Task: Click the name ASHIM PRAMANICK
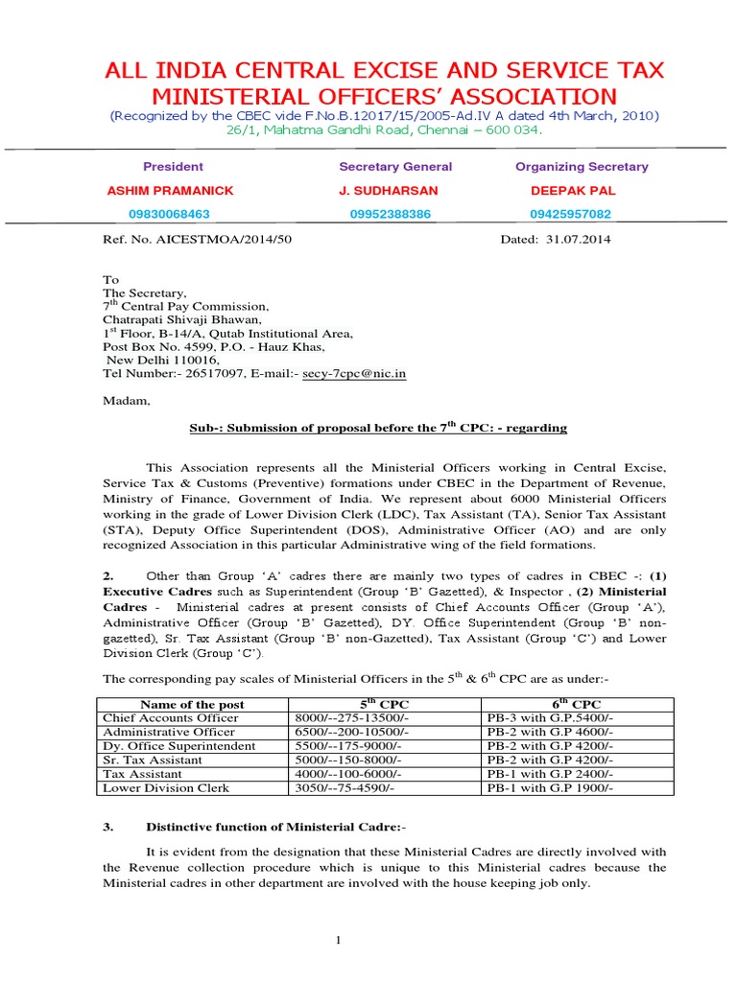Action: pos(170,190)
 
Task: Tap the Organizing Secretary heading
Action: pos(582,166)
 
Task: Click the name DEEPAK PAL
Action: pos(571,190)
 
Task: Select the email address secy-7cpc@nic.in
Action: pos(355,373)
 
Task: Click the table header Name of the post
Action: pos(192,704)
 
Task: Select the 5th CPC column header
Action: pos(384,704)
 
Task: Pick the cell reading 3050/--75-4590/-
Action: pos(345,787)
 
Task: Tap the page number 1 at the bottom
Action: pos(339,940)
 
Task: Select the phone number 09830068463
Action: pos(169,214)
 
